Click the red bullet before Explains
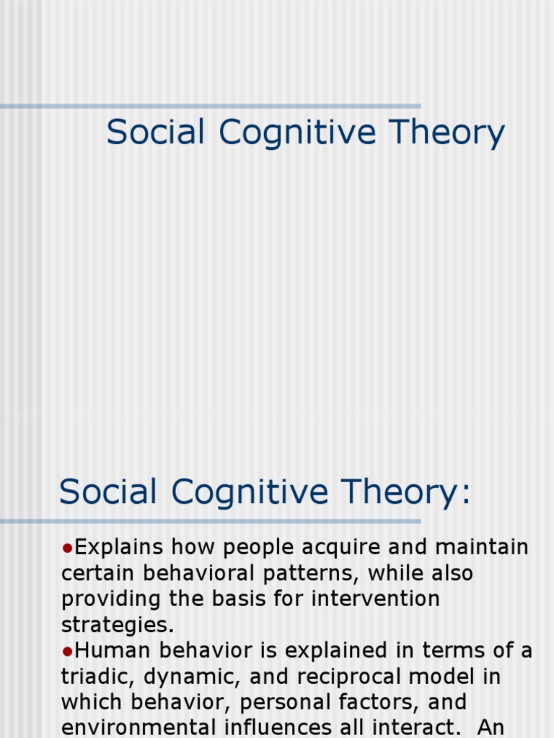click(x=66, y=548)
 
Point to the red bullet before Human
click(x=66, y=652)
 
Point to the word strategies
click(x=118, y=625)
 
